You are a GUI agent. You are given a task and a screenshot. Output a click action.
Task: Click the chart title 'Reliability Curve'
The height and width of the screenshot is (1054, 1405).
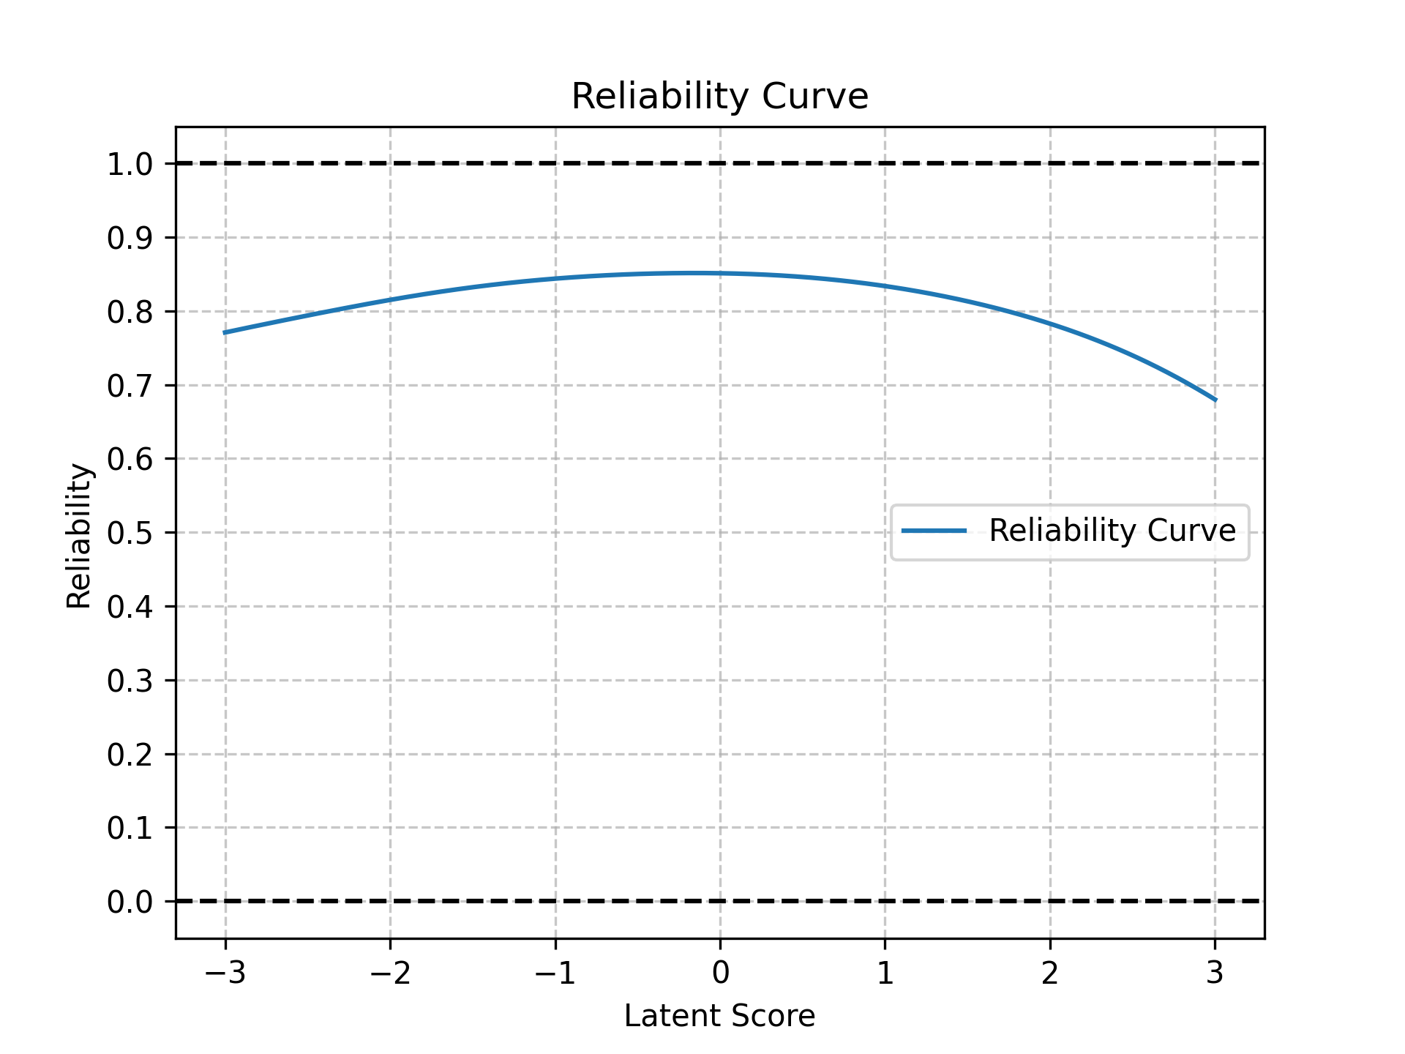[x=719, y=97]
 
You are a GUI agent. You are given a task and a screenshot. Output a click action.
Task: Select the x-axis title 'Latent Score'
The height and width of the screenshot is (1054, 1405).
[x=719, y=1016]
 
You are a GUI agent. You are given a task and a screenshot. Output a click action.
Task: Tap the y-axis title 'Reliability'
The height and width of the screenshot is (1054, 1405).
[x=79, y=536]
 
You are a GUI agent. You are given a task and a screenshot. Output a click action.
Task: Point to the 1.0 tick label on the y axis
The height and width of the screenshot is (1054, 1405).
[x=130, y=164]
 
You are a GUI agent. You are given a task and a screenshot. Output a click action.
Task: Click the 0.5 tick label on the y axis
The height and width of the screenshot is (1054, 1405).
[x=130, y=533]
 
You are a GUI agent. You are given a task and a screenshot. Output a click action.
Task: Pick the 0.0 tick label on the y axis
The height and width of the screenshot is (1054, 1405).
[x=130, y=902]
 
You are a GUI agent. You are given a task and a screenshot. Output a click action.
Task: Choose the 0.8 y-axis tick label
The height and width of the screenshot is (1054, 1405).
[x=130, y=312]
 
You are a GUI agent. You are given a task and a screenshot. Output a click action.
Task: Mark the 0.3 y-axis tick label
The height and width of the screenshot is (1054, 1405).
[x=130, y=681]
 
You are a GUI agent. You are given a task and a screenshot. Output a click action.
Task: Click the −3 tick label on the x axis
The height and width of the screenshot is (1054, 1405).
[x=225, y=973]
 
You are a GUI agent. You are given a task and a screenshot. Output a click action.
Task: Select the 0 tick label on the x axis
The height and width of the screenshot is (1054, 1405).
[x=720, y=973]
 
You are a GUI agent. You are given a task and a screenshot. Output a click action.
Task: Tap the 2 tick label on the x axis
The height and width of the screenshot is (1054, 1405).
[x=1050, y=973]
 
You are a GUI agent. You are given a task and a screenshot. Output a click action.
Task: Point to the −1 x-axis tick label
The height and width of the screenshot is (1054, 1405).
[x=555, y=973]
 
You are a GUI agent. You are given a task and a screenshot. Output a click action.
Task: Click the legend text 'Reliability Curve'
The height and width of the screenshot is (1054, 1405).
[x=1112, y=531]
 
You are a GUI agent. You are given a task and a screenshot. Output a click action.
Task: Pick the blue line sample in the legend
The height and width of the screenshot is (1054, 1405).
[x=934, y=531]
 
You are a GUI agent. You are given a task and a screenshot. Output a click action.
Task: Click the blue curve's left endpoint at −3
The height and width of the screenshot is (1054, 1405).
[x=225, y=332]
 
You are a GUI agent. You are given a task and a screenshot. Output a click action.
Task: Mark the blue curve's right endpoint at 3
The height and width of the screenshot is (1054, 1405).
[x=1215, y=400]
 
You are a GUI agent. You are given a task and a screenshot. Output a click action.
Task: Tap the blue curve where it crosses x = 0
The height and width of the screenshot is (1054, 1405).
[x=720, y=273]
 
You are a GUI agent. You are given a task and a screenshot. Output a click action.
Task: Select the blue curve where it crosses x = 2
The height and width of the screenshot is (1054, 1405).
[x=1050, y=323]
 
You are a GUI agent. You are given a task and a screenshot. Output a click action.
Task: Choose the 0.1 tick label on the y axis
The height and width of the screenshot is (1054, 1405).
[x=130, y=829]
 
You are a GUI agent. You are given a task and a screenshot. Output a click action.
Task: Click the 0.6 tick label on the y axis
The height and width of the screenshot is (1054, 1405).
[x=130, y=459]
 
